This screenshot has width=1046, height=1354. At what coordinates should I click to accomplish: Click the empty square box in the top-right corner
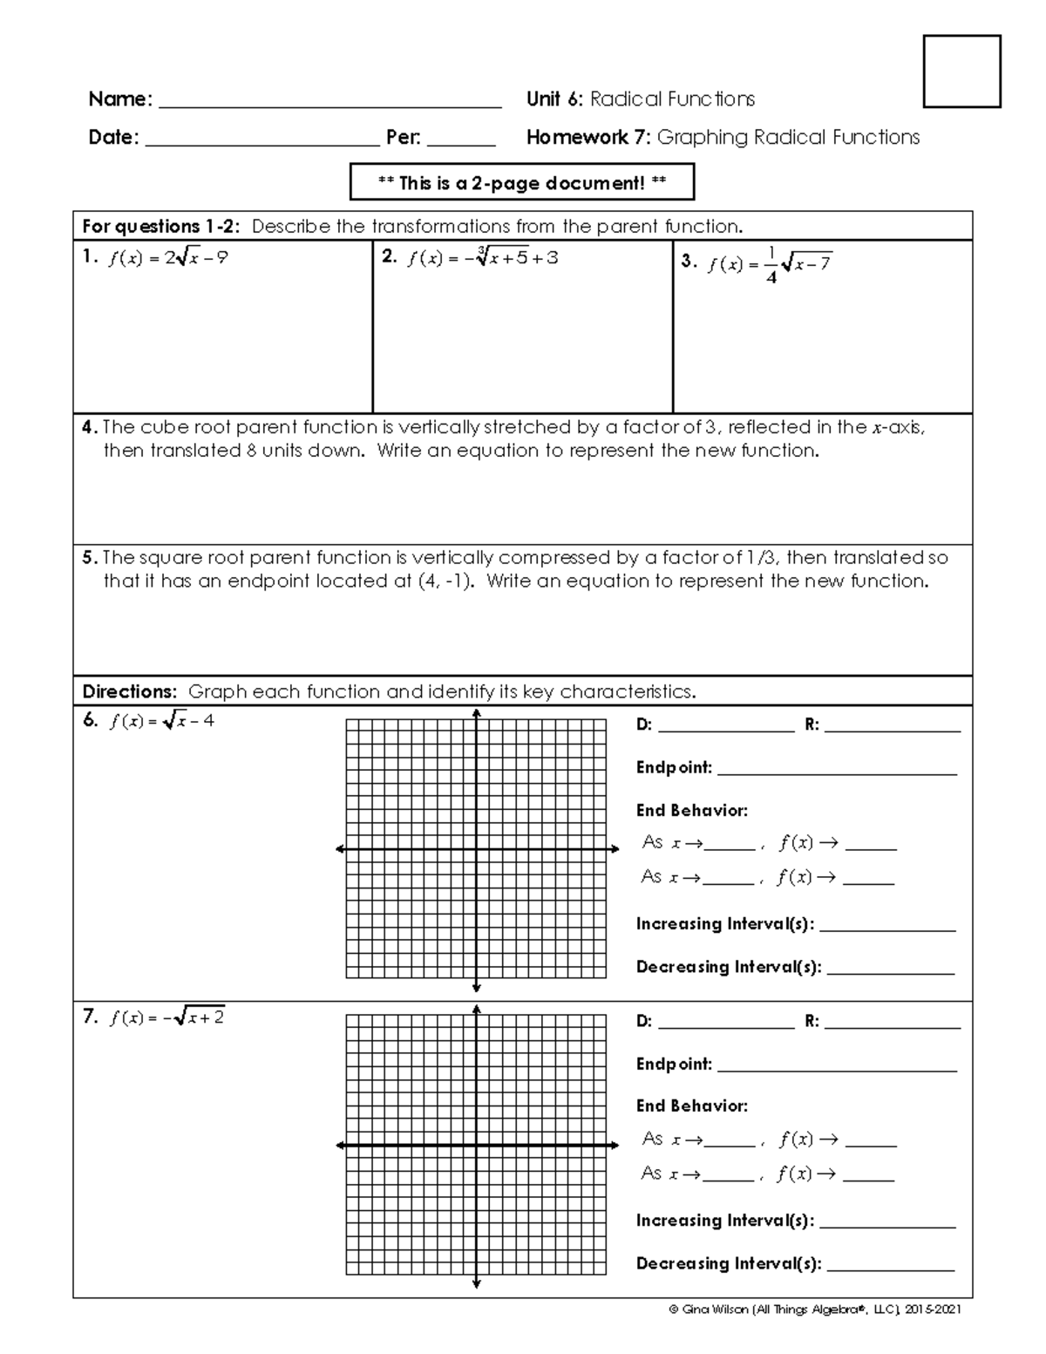coord(961,71)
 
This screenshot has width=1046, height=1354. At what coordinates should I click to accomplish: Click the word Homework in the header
coord(576,138)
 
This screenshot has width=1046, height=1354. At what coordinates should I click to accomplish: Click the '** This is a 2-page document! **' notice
coord(521,183)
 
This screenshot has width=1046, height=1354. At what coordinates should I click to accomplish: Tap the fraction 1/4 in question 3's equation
coord(771,265)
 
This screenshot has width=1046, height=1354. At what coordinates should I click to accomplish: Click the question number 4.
coord(88,428)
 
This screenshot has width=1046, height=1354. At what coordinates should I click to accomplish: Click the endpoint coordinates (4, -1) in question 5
coord(445,582)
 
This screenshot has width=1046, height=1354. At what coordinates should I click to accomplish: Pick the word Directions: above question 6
coord(129,692)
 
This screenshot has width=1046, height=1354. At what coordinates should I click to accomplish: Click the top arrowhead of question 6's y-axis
coord(476,715)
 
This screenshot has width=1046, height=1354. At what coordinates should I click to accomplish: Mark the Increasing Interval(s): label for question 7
coord(724,1221)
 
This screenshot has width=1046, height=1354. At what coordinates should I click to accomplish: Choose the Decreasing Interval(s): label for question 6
coord(728,967)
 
